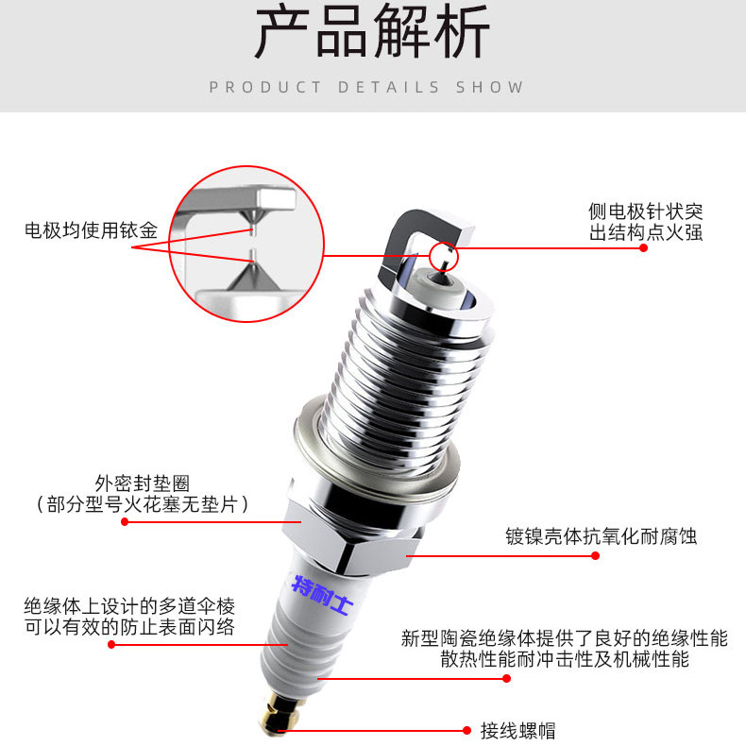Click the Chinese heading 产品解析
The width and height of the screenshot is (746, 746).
click(x=372, y=35)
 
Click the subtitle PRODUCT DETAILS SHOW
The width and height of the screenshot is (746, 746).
click(x=366, y=87)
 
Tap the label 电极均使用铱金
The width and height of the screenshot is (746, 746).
click(x=91, y=229)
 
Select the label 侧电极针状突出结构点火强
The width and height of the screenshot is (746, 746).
click(x=646, y=222)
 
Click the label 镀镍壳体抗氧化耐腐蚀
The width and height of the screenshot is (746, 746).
click(x=601, y=536)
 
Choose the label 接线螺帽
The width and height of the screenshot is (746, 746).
click(x=517, y=730)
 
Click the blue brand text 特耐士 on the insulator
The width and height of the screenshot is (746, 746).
click(x=321, y=596)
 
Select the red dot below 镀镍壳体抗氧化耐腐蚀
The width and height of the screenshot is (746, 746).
click(x=595, y=556)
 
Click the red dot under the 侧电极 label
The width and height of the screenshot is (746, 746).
click(x=642, y=248)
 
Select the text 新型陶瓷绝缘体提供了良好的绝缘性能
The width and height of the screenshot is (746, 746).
click(x=564, y=638)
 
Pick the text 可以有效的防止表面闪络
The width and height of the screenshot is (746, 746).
click(x=129, y=627)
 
